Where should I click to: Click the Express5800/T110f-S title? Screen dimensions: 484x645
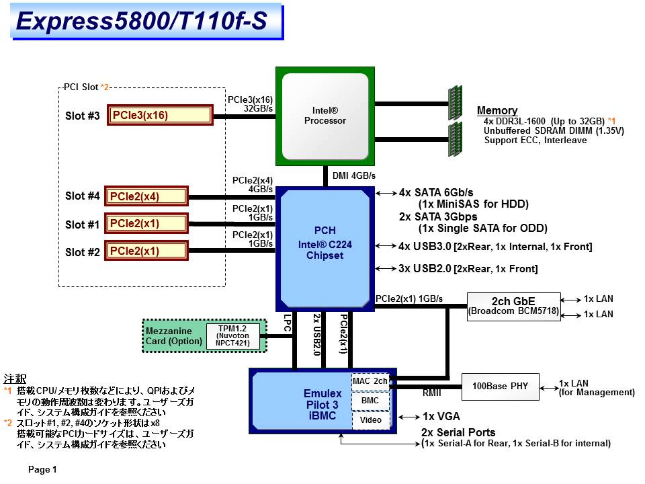tap(140, 22)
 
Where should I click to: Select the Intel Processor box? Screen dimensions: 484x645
tap(325, 116)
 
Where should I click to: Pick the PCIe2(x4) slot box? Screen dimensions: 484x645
tap(146, 196)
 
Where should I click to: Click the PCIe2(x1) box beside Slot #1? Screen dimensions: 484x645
tap(146, 224)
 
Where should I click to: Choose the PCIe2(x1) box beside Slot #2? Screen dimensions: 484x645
tap(146, 251)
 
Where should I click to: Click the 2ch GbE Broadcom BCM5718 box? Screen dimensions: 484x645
tap(513, 306)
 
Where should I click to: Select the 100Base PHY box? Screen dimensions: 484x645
tap(500, 387)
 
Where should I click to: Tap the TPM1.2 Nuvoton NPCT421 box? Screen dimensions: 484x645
tap(233, 335)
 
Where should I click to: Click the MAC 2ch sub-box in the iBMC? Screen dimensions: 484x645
tap(370, 381)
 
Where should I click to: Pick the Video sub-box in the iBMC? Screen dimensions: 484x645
tap(370, 420)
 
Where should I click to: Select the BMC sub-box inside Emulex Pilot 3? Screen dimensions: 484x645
tap(370, 401)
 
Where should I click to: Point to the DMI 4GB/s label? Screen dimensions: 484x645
tap(354, 176)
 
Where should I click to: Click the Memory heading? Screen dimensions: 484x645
tap(497, 110)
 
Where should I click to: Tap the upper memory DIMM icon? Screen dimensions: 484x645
tap(455, 102)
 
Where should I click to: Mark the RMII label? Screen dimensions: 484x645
tap(431, 393)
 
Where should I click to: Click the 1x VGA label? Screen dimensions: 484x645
tap(441, 417)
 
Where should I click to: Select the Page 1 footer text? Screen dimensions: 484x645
tap(42, 469)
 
